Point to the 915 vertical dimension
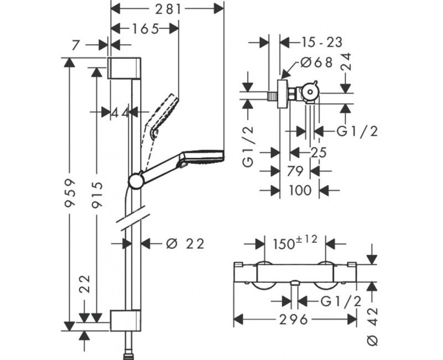[x=97, y=193]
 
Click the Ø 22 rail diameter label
[x=184, y=243]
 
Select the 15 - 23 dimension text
[x=322, y=42]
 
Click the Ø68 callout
[x=317, y=63]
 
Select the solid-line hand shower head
[x=203, y=157]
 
